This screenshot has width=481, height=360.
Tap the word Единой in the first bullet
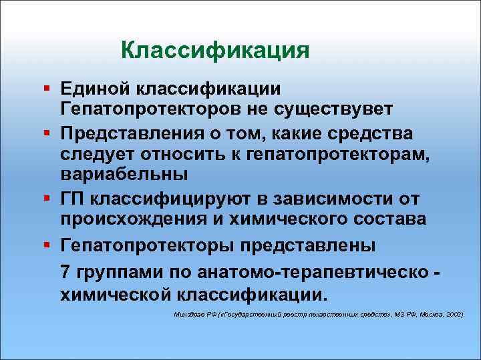tap(94, 89)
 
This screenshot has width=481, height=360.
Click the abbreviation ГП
tap(72, 199)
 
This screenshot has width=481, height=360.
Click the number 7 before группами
tap(65, 271)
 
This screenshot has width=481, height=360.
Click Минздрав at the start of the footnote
tap(190, 313)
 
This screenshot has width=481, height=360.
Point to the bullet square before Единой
tap(45, 89)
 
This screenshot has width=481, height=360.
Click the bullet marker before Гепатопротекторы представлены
tap(45, 245)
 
